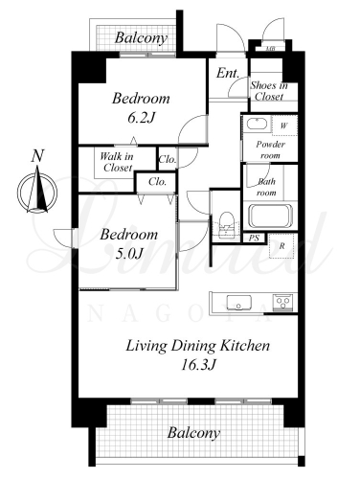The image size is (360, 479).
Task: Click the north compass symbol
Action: pos(37,191)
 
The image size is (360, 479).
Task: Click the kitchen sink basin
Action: pos(238,303)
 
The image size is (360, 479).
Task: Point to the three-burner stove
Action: pos(283,303)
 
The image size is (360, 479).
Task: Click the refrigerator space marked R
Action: pos(282,246)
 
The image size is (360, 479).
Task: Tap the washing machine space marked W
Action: pos(284,125)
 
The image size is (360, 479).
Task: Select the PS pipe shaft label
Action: pos(254,238)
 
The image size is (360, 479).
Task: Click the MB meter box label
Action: pos(271,49)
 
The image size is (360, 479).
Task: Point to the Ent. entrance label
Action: pos(228,73)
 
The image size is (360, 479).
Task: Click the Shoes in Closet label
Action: pos(269,91)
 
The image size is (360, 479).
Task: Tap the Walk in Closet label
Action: pos(117,162)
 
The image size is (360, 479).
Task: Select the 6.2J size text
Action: pos(141,119)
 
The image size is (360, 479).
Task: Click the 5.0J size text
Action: pos(128,254)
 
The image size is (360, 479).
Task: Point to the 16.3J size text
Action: pos(198,364)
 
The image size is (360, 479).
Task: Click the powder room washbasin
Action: pos(258,124)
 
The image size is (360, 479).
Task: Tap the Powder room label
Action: pos(270,149)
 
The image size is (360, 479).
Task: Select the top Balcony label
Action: pos(141,38)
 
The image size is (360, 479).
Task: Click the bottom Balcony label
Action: pos(193,433)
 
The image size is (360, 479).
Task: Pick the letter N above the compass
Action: pos(37,156)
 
